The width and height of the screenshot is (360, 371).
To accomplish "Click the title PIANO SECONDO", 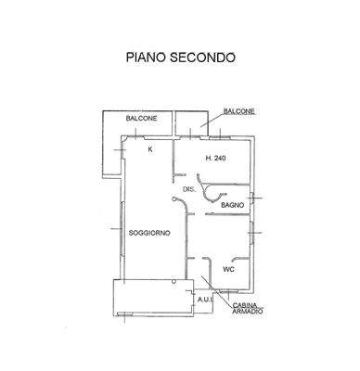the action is coord(180,58).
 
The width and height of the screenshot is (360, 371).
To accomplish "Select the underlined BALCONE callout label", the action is coord(238,111).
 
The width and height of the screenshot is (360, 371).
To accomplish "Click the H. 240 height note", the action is coord(215,158).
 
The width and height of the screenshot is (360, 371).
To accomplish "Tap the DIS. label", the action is coord(187,189).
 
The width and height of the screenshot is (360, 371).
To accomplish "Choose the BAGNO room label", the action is coord(233,204).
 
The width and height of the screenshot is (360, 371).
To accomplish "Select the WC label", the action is coord(228,269).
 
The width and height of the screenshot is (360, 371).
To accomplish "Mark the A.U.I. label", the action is coord(204,300).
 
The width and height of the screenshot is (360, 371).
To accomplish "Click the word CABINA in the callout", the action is coord(245,304).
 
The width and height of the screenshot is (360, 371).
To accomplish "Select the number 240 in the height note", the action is coord(220,158).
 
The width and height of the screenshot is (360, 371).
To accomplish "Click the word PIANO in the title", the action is coord(147,58).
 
